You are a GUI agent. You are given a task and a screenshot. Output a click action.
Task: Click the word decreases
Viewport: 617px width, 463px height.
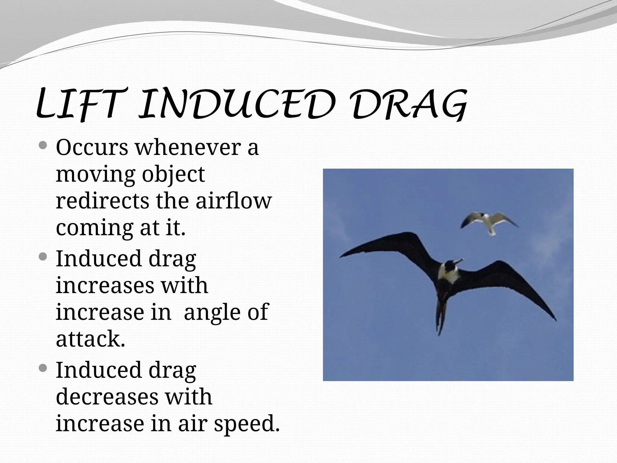[x=107, y=396]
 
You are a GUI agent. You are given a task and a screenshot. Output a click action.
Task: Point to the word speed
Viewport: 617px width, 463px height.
[x=247, y=424]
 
